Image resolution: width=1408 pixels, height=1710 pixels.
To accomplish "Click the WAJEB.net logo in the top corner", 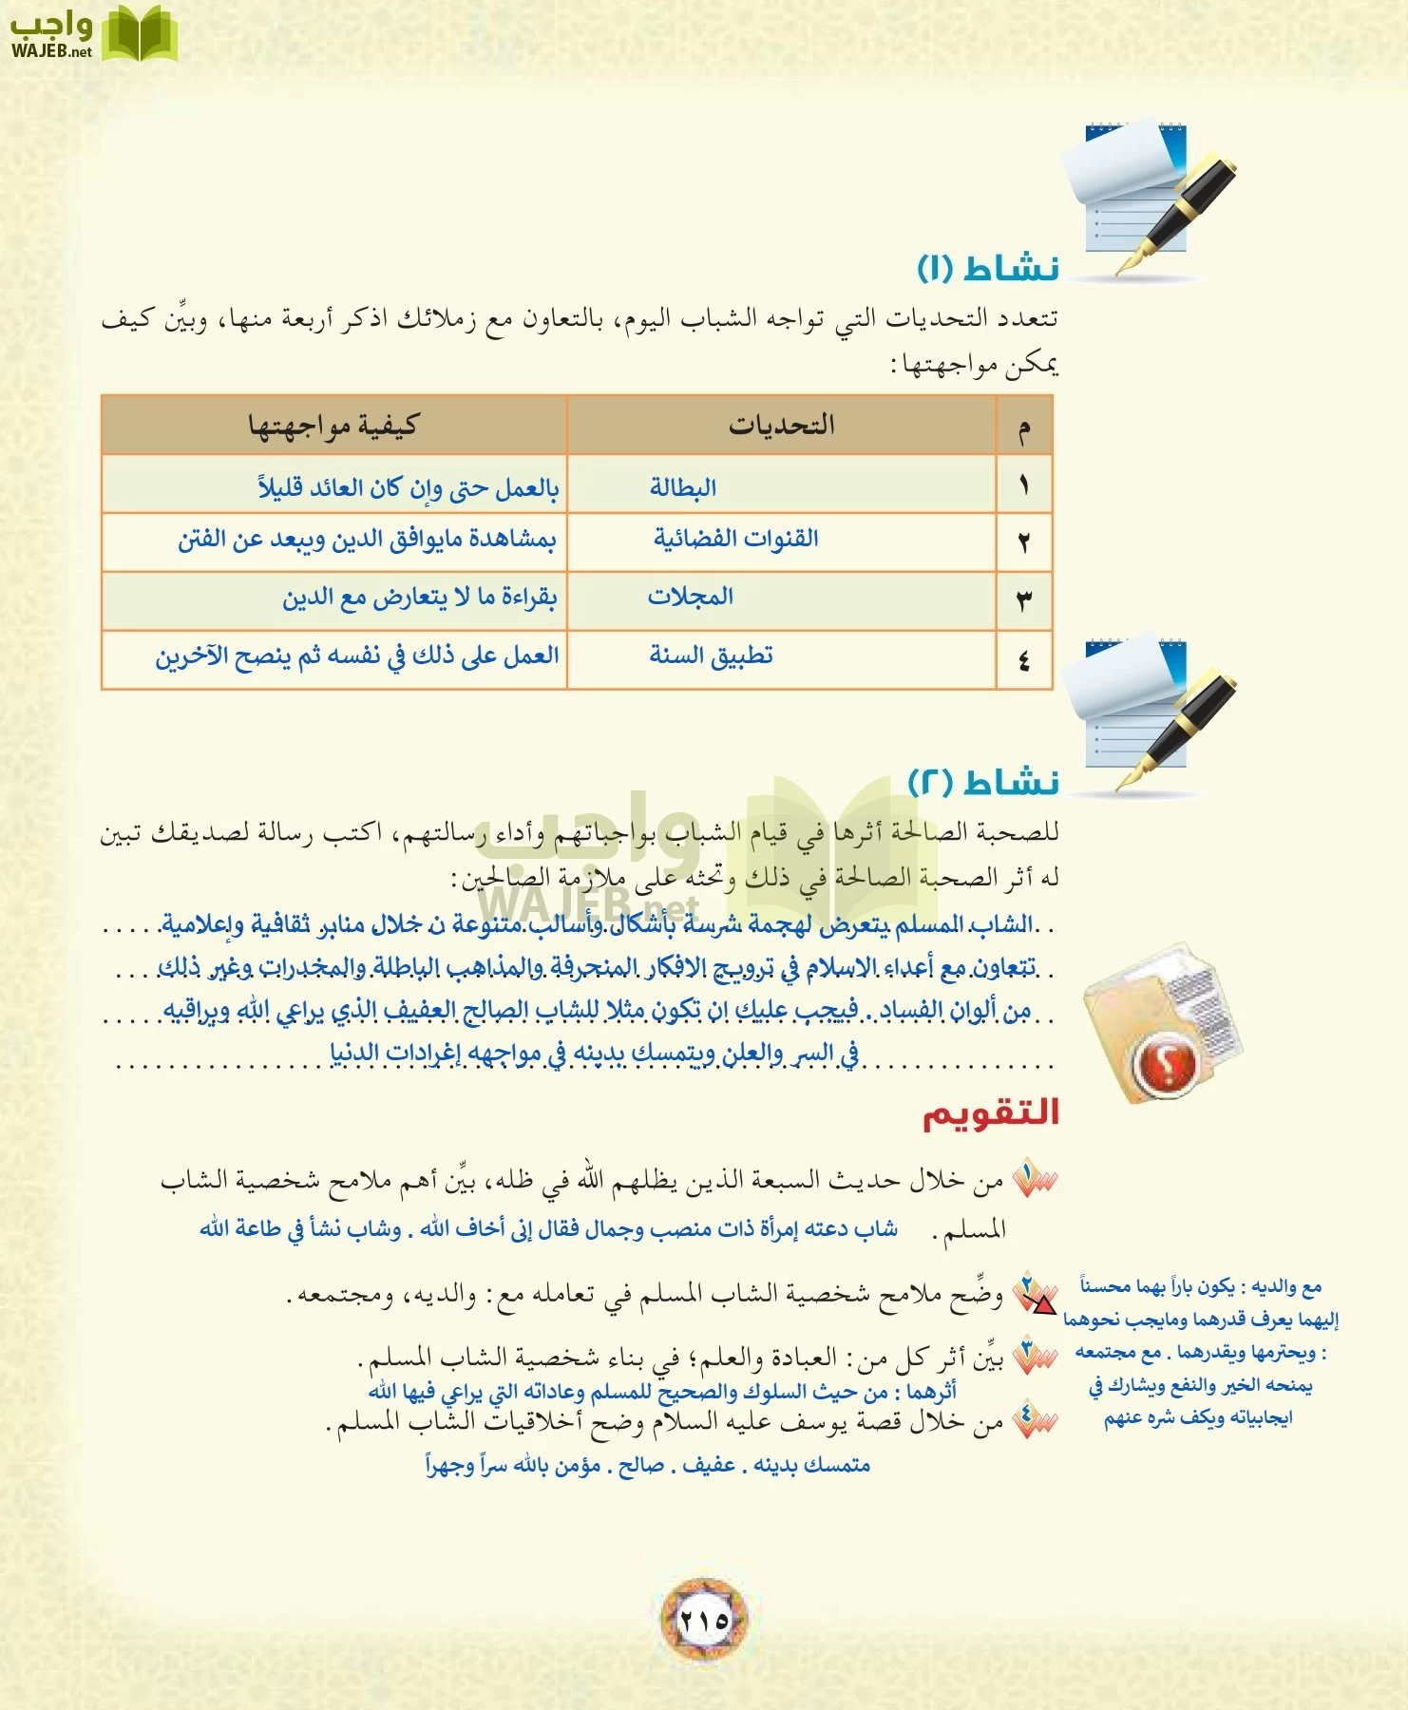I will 93,35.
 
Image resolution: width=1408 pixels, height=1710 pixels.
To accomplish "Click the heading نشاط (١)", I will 988,268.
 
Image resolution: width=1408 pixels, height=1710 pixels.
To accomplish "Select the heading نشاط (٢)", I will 983,783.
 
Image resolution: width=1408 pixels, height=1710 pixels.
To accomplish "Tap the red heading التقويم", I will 991,1113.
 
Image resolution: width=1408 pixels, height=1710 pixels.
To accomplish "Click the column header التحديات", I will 782,425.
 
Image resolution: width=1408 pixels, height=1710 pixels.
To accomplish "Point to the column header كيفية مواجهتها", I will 333,426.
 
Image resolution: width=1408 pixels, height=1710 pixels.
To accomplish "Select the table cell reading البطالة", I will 683,487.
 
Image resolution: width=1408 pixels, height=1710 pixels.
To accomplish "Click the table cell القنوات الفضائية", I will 736,539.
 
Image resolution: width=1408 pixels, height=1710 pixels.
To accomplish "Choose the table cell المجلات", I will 691,597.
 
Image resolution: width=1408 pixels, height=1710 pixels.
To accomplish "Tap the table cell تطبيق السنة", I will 712,655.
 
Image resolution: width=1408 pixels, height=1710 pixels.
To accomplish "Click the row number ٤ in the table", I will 1024,660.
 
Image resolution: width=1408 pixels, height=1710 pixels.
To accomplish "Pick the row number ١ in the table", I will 1024,485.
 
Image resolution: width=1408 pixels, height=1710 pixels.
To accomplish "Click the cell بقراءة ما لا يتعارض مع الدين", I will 419,598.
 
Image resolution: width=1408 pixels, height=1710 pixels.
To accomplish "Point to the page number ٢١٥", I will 704,1619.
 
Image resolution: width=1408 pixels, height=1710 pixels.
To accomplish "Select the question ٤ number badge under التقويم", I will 1034,1420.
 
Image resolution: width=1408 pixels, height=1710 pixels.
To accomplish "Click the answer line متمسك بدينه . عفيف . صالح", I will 648,1465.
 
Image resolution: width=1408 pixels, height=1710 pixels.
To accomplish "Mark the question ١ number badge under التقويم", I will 1034,1179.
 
